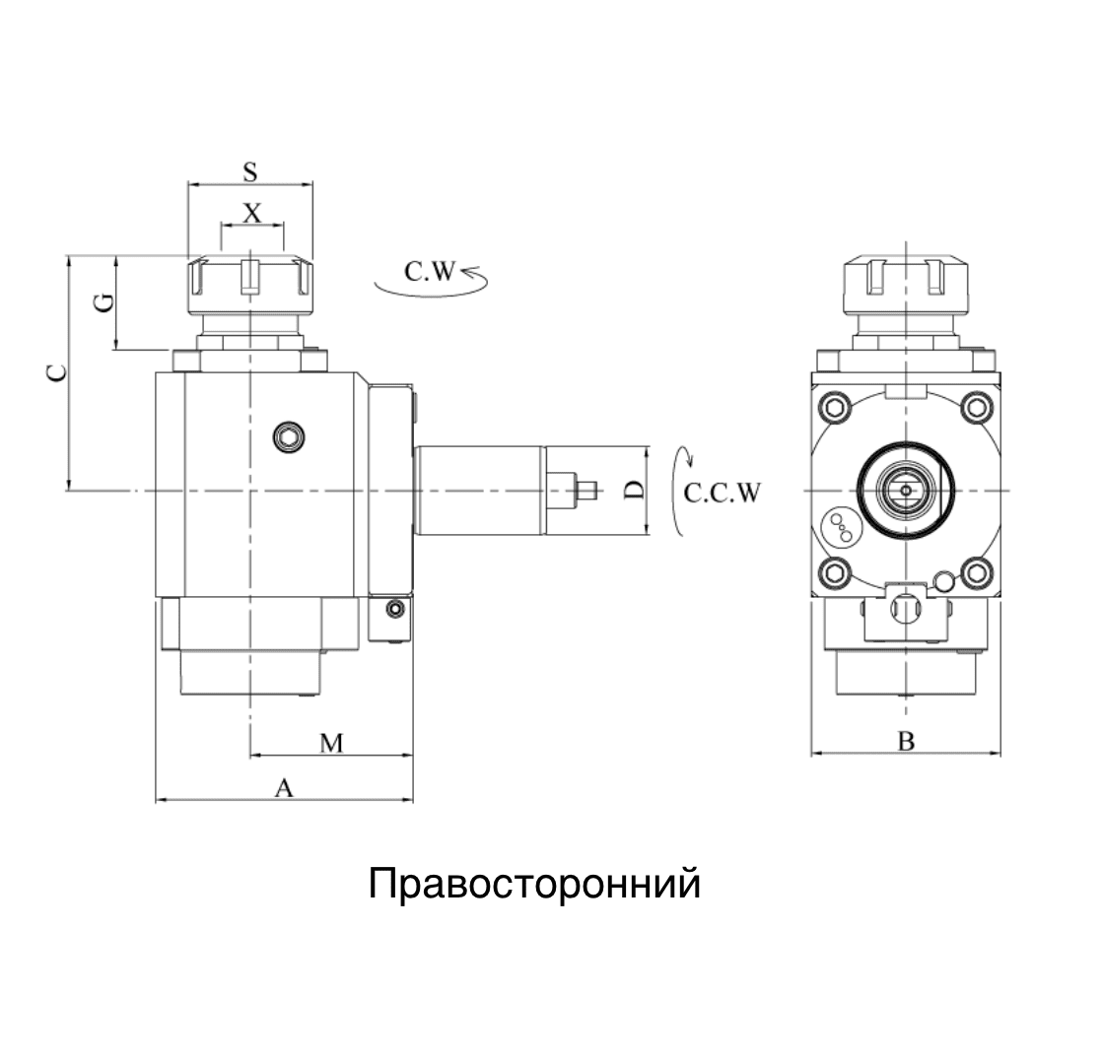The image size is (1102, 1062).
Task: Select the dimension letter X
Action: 252,213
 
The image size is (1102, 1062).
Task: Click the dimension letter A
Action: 284,788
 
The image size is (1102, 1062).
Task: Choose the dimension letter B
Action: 906,742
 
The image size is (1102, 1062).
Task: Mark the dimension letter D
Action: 636,490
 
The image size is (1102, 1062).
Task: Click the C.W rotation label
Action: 434,271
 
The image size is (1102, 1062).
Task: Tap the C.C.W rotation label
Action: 723,494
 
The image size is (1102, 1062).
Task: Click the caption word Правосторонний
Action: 534,884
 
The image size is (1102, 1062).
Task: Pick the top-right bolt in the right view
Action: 976,407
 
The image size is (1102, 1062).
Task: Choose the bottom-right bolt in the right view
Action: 976,570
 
